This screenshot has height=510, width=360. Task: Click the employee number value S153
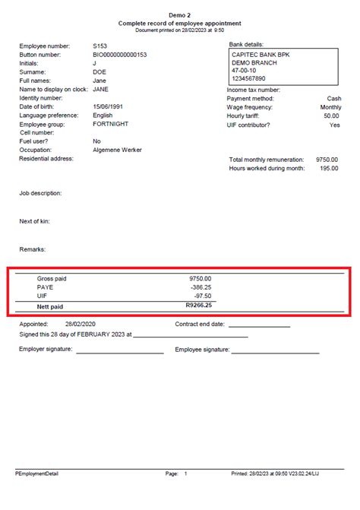coord(99,46)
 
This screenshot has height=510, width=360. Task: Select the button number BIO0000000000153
coord(119,55)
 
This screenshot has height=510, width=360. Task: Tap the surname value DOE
coord(99,72)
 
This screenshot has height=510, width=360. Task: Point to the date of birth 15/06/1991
coord(109,106)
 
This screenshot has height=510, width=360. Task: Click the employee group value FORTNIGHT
coord(110,123)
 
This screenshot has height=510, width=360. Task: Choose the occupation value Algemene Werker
coord(117,150)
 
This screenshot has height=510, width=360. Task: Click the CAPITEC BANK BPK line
coord(261,55)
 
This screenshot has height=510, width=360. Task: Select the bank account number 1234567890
coord(249,79)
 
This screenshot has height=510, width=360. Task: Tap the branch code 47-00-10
coord(245,71)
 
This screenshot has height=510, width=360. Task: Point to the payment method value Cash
coord(333,98)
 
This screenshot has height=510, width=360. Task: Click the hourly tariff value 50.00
coord(331,116)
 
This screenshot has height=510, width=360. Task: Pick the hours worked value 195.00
coord(329,169)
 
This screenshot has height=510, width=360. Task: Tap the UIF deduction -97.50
coord(201,296)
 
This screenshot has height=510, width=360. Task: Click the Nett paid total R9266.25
coord(198,306)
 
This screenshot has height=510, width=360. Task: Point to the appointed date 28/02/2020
coord(80,324)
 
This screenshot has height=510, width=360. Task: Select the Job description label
coord(40,193)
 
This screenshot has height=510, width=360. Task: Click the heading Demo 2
coord(180,15)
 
